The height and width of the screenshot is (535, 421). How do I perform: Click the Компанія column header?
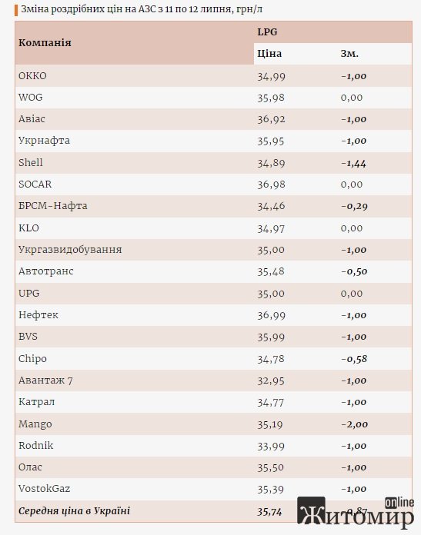coord(45,42)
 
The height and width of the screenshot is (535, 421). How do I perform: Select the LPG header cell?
coord(267,32)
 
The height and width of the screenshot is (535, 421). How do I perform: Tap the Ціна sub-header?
coord(269,54)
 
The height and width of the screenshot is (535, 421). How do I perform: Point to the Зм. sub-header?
coord(349,54)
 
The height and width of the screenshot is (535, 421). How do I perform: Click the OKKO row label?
coord(32,76)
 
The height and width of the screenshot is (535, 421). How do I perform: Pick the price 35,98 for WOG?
coord(271,98)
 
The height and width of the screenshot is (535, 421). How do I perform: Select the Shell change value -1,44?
coord(354,164)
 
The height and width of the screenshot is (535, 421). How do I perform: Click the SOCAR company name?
coord(35,184)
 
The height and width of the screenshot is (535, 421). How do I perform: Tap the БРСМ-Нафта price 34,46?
coord(271,207)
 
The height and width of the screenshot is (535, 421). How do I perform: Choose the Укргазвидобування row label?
coord(70,249)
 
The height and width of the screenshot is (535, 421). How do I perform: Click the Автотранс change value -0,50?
coord(354,272)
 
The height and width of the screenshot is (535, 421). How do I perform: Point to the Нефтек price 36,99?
coord(271,315)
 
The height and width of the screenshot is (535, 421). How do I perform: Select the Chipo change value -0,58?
coord(354,359)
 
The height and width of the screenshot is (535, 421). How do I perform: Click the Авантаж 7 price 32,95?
coord(271,380)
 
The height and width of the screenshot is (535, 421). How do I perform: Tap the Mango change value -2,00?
coord(354,424)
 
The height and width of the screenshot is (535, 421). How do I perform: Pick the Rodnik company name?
coord(36,445)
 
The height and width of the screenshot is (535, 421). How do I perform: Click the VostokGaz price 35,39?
coord(270,490)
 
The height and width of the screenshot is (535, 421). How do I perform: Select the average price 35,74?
coord(269,512)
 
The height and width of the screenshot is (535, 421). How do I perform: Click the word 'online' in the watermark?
coord(399,503)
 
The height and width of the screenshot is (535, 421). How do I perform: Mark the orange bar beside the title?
coord(16,10)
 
